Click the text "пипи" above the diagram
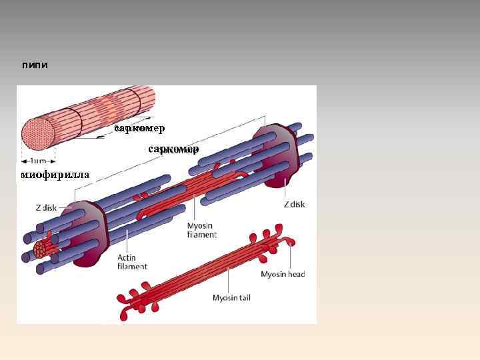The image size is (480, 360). coord(35,65)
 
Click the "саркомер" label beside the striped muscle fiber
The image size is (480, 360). coord(139,127)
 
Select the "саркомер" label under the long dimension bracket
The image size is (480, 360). coord(173,149)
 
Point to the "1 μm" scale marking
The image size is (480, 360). coord(38,161)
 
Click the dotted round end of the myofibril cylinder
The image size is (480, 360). coord(37,133)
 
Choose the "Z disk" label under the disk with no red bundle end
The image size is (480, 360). coord(294,204)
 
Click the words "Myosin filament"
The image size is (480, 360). coord(202,230)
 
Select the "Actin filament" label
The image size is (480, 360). coord(133,261)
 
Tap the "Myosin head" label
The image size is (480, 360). coord(283,274)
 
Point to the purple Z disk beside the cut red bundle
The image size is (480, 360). coord(86,233)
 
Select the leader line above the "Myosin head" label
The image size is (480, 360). coord(291,257)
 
